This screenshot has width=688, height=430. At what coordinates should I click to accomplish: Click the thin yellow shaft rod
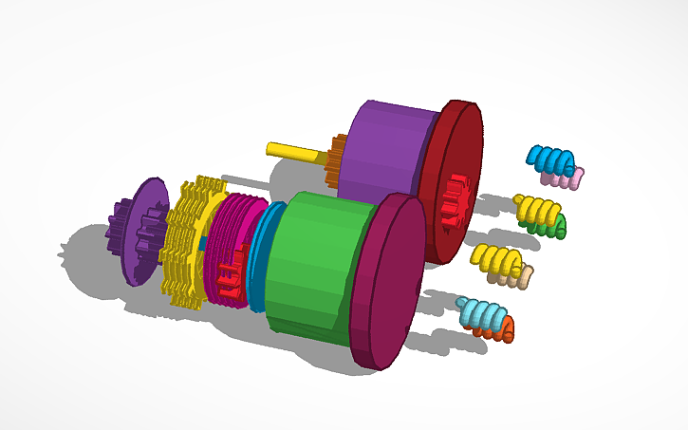[x=294, y=150]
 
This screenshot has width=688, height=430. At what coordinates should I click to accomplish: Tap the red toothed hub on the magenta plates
[x=228, y=277]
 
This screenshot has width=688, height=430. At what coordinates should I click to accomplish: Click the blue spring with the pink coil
[x=551, y=159]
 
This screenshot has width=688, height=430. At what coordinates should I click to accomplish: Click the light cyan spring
[x=479, y=312]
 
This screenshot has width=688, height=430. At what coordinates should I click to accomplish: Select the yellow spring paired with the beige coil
[x=495, y=257]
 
